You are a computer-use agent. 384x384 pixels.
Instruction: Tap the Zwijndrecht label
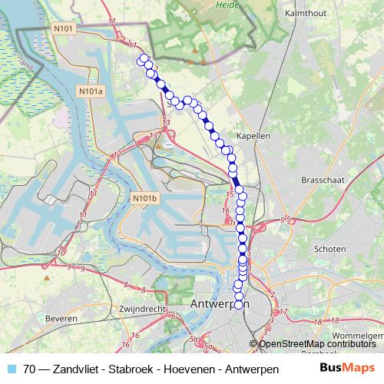pyautogui.click(x=144, y=309)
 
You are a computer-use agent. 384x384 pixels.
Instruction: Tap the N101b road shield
pyautogui.click(x=144, y=198)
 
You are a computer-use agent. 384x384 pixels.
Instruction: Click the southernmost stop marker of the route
pyautogui.click(x=238, y=305)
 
